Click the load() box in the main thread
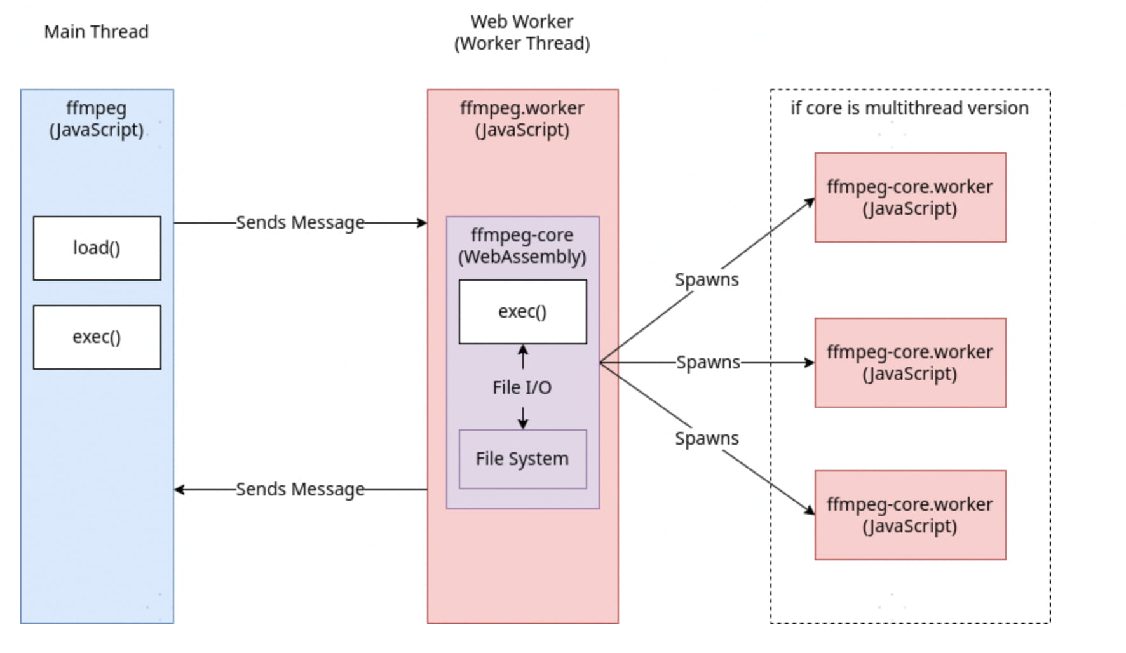[97, 248]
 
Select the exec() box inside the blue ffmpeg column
[97, 337]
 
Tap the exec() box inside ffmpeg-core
[522, 311]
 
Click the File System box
[522, 459]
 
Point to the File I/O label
[522, 387]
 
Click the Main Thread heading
[96, 32]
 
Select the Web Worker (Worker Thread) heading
[522, 32]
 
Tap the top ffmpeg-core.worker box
[910, 198]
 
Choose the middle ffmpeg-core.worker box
[910, 363]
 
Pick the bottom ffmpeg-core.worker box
[910, 515]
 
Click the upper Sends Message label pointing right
[300, 222]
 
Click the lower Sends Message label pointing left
[300, 489]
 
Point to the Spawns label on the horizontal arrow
[708, 362]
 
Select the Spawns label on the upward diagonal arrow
[707, 279]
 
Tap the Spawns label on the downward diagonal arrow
[707, 438]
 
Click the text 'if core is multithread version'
[909, 108]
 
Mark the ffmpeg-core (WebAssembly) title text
[522, 246]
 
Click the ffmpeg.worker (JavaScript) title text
[522, 119]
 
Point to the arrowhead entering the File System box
[523, 424]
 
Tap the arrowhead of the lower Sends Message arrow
[179, 490]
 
